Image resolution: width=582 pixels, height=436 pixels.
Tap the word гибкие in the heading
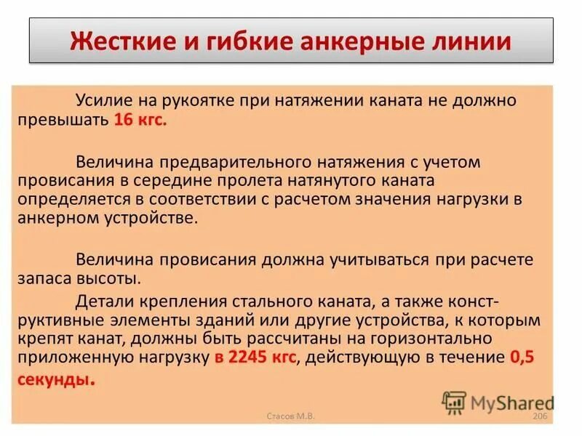coord(239,40)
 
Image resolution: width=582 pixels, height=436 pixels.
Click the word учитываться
coord(380,259)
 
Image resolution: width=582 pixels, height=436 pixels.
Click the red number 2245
coord(247,358)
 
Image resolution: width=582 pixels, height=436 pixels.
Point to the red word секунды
coord(63,378)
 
